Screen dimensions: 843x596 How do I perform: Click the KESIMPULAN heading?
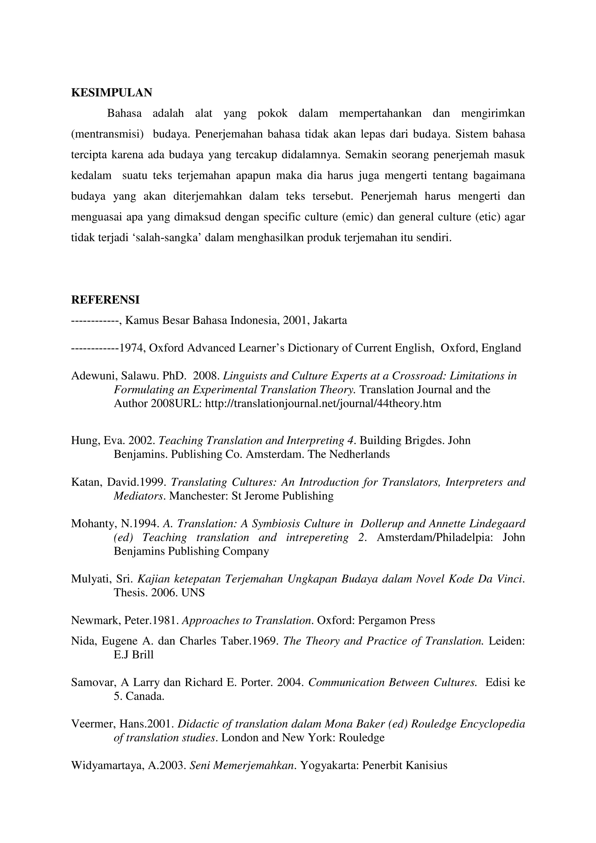(x=111, y=93)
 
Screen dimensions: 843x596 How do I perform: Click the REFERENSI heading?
(x=105, y=300)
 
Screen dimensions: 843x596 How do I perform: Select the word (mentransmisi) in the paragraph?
(x=107, y=134)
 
